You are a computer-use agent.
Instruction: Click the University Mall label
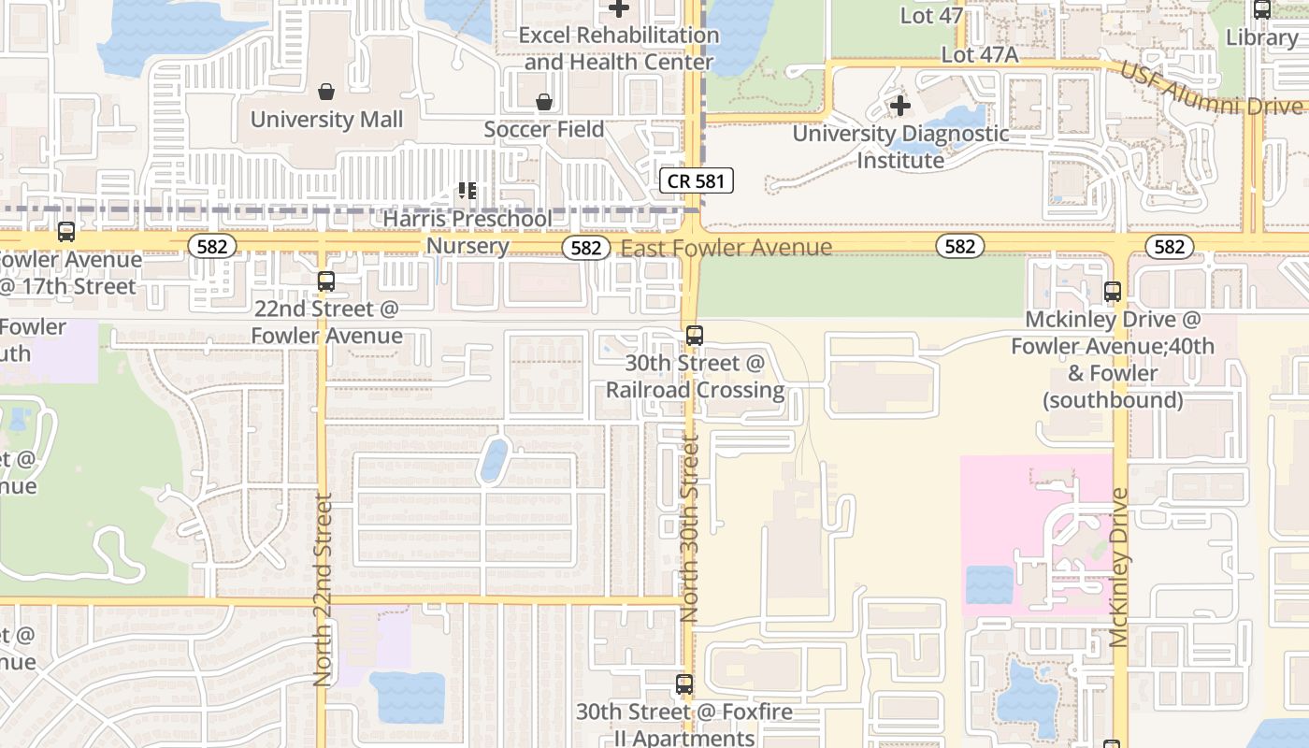pos(326,120)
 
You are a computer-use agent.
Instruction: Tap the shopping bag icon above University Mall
pos(326,92)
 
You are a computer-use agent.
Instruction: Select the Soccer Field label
pos(543,129)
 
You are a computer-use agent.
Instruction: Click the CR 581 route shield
pos(696,180)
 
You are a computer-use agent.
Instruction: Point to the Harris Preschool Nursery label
pos(467,232)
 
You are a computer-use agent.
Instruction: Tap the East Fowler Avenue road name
pos(726,248)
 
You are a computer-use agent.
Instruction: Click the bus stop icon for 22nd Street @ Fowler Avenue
pos(325,280)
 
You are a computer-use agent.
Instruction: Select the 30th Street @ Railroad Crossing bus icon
pos(694,335)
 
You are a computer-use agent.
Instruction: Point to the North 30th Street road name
pos(690,530)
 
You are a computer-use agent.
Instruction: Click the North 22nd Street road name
pos(323,591)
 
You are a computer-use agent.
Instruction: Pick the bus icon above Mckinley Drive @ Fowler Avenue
pos(1112,291)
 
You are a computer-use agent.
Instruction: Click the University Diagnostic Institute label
pos(900,147)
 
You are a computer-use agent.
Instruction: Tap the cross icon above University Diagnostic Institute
pos(899,106)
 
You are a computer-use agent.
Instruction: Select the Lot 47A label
pos(979,55)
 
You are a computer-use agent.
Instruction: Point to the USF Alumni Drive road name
pos(1210,91)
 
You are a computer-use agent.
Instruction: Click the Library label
pos(1261,37)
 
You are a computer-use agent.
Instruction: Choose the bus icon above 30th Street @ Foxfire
pos(684,684)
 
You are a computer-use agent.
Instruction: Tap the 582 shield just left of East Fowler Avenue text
pos(585,247)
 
